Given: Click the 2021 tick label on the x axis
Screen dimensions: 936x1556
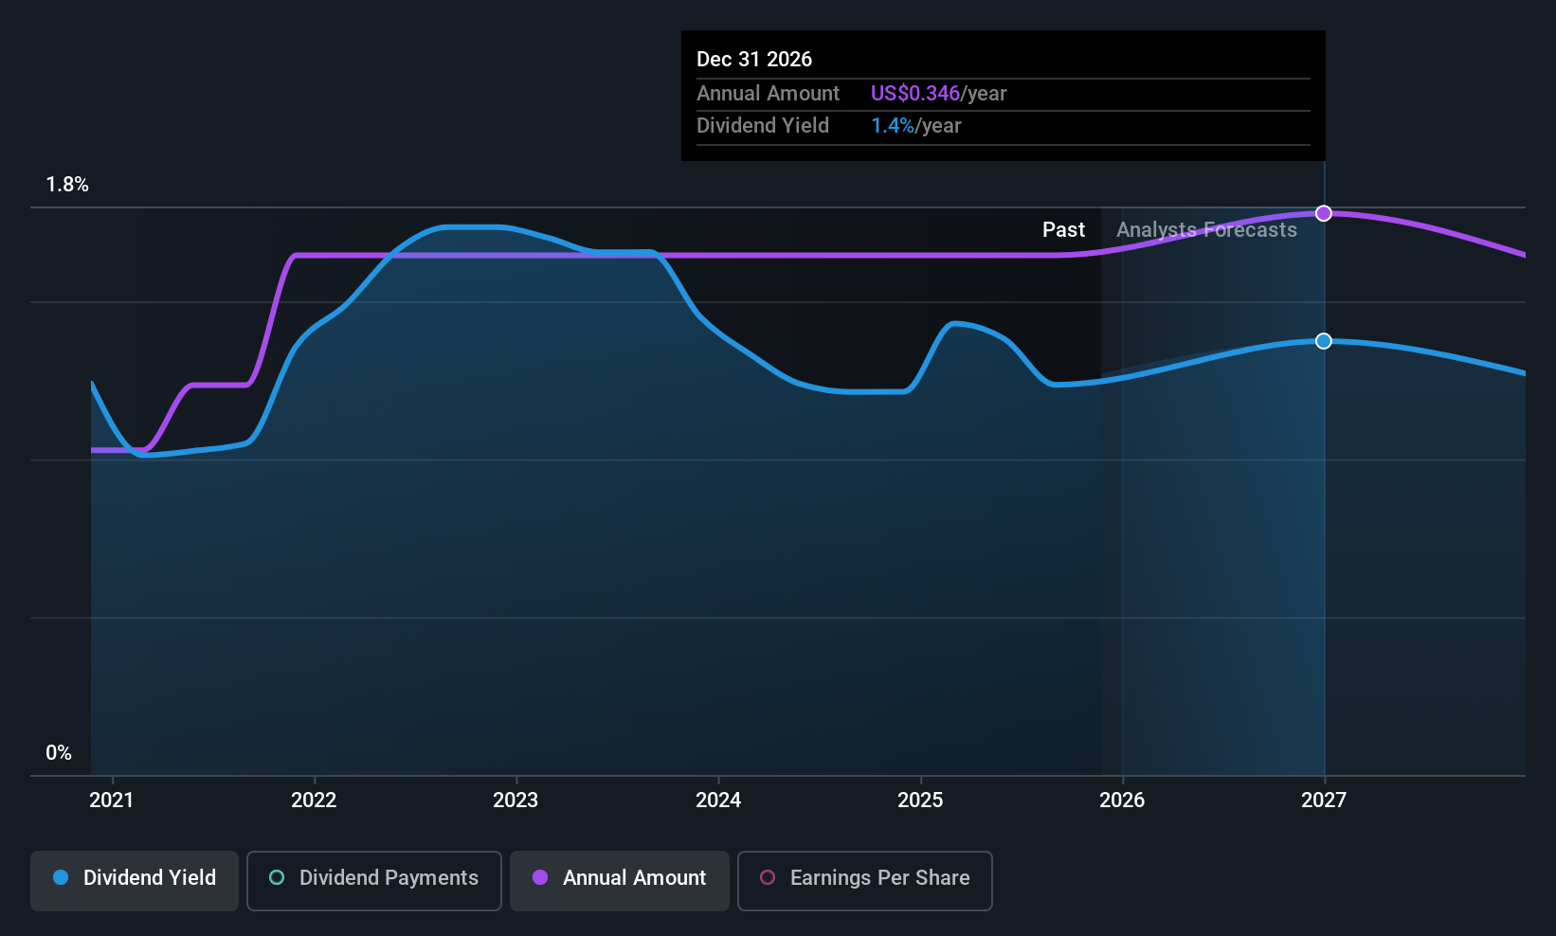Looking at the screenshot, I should click(x=112, y=801).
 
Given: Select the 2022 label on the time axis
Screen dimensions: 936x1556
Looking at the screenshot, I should click(x=314, y=801).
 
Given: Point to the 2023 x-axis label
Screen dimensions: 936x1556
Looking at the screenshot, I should click(x=516, y=801).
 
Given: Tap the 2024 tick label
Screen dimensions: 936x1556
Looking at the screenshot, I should click(x=718, y=801).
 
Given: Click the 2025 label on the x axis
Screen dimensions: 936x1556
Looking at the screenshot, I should click(x=920, y=801).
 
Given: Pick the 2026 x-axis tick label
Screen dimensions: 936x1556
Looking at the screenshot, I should click(x=1122, y=801).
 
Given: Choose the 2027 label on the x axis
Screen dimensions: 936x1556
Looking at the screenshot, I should click(x=1324, y=801).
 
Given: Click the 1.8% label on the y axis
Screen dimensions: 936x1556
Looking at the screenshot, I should click(x=67, y=185).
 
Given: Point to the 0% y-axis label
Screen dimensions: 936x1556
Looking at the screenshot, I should click(x=59, y=753).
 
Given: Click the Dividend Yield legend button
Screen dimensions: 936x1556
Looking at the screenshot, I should click(x=135, y=878).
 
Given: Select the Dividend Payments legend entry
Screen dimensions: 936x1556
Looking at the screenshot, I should click(x=374, y=878).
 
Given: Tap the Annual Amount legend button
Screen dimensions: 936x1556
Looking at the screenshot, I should click(x=620, y=878).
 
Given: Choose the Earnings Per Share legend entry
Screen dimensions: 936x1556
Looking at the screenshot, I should click(x=864, y=878).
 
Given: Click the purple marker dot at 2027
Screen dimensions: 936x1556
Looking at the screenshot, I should click(x=1324, y=213).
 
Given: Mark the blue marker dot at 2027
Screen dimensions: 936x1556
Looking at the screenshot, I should click(x=1324, y=341).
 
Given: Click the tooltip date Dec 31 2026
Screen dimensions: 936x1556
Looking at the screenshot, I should click(x=754, y=60).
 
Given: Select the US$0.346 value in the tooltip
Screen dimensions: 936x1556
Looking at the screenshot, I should click(x=914, y=94).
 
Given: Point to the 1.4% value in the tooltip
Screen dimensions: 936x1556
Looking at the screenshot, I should click(x=892, y=126).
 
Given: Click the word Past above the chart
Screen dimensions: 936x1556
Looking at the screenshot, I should click(x=1063, y=230).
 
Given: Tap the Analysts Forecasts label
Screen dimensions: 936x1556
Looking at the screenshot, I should click(x=1206, y=230).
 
